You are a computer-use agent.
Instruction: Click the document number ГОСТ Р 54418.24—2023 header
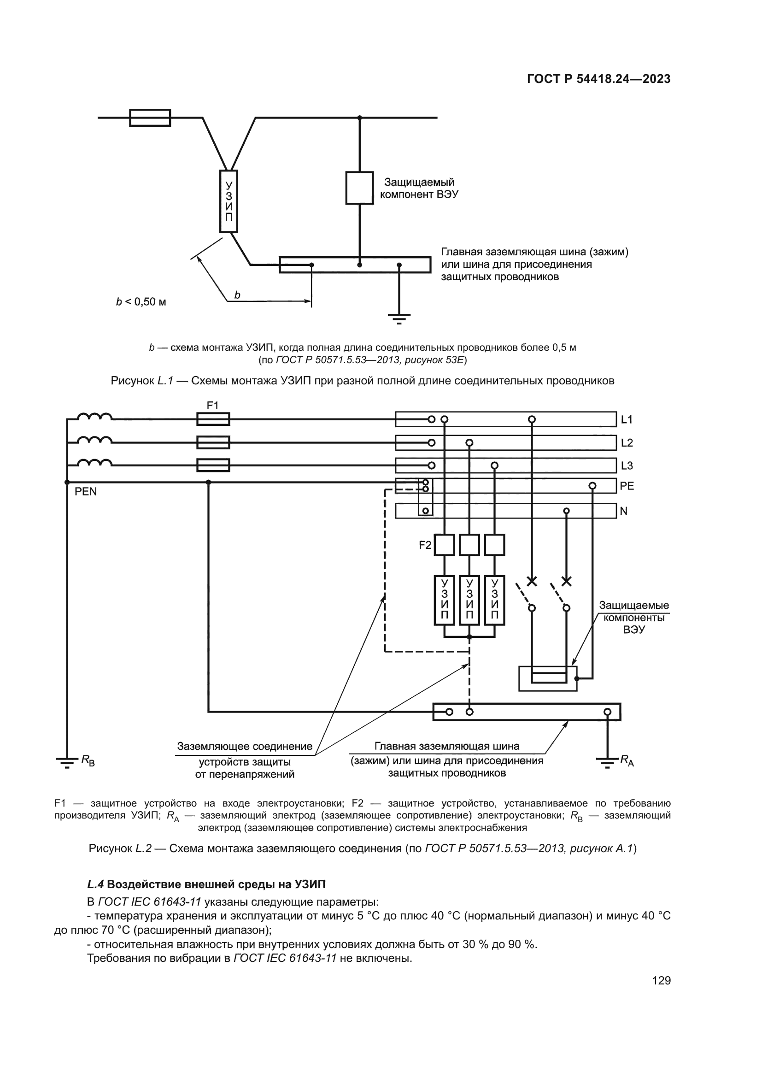[598, 79]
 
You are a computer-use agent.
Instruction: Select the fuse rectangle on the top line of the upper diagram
[150, 118]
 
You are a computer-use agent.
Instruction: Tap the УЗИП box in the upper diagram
[229, 201]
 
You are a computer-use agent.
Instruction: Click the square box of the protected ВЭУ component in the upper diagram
[359, 188]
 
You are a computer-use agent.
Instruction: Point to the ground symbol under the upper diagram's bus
[399, 318]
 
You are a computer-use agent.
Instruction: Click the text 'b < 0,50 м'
[141, 302]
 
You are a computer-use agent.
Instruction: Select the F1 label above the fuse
[212, 405]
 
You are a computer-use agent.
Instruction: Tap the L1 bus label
[627, 419]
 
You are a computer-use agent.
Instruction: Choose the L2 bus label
[627, 443]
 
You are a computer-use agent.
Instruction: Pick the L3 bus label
[627, 466]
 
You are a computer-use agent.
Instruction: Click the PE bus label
[627, 486]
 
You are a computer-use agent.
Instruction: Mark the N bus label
[623, 511]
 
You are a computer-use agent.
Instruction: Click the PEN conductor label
[85, 492]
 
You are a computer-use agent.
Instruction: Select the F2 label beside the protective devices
[425, 545]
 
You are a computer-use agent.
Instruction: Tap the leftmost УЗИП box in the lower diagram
[444, 601]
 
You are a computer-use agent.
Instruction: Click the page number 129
[661, 980]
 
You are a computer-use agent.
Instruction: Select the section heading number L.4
[95, 884]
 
